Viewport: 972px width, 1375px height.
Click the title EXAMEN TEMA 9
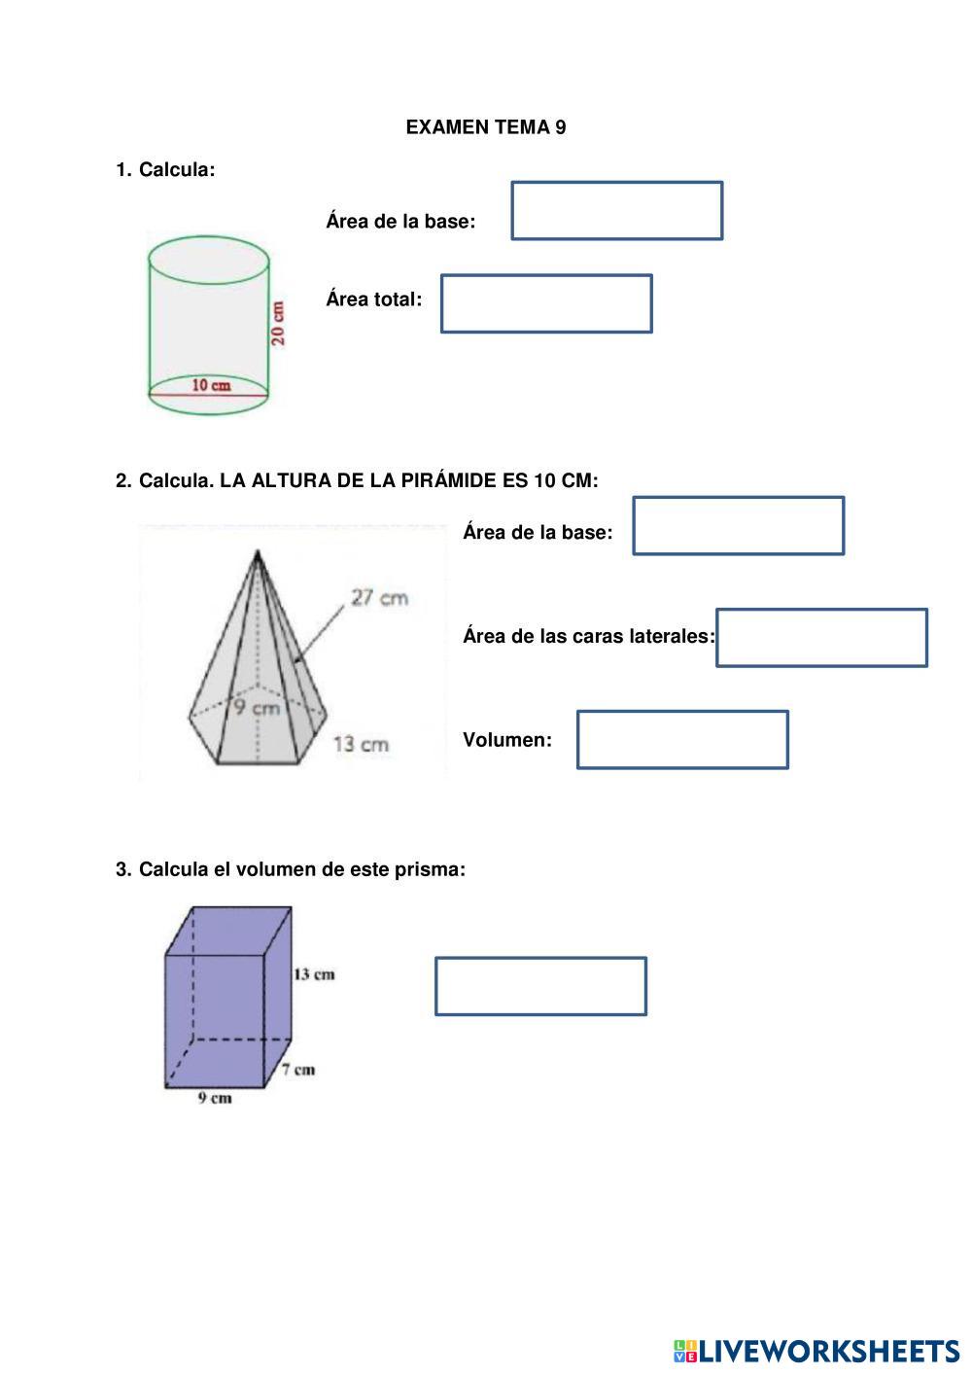pyautogui.click(x=485, y=127)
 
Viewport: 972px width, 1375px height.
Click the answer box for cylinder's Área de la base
pyautogui.click(x=616, y=210)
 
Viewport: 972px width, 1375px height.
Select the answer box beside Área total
pyautogui.click(x=545, y=303)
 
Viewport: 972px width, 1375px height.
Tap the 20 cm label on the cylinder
pyautogui.click(x=279, y=324)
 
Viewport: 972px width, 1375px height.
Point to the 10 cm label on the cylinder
pyautogui.click(x=211, y=385)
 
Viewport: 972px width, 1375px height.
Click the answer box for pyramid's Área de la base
pyautogui.click(x=738, y=526)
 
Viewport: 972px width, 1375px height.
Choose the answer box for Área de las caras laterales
pyautogui.click(x=821, y=638)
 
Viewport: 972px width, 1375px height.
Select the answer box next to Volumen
pyautogui.click(x=681, y=740)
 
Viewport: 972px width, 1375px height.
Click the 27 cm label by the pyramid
pyautogui.click(x=379, y=597)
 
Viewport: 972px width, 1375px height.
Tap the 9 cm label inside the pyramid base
pyautogui.click(x=256, y=708)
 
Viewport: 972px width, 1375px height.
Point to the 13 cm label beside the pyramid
pyautogui.click(x=361, y=745)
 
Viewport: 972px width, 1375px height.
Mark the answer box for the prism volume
pyautogui.click(x=540, y=986)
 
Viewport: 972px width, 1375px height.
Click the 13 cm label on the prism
pyautogui.click(x=314, y=973)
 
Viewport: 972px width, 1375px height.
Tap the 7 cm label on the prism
pyautogui.click(x=298, y=1070)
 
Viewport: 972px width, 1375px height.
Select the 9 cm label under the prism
pyautogui.click(x=215, y=1099)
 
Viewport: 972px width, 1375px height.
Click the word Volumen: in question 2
pyautogui.click(x=506, y=740)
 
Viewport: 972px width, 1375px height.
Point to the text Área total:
pyautogui.click(x=373, y=300)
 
